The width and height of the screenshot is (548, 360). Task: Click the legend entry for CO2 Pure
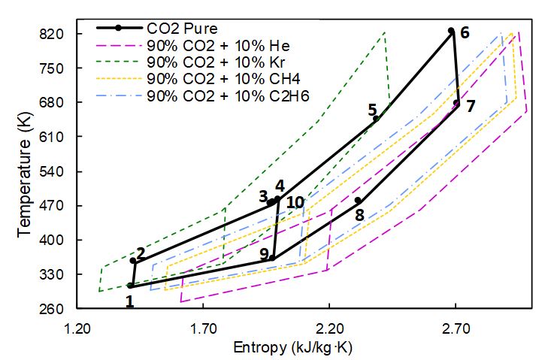[x=183, y=29]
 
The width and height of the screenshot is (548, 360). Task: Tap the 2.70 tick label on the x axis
[x=456, y=328]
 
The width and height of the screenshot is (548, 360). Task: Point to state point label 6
[x=465, y=33]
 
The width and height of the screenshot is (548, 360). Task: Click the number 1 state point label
[x=129, y=301]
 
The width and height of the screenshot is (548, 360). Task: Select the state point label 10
[x=295, y=202]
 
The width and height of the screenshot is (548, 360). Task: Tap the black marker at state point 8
[x=358, y=200]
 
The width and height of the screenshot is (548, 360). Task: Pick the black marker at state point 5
[x=376, y=118]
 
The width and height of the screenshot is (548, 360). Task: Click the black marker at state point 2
[x=133, y=261]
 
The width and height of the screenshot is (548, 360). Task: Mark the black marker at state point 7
[x=456, y=103]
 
